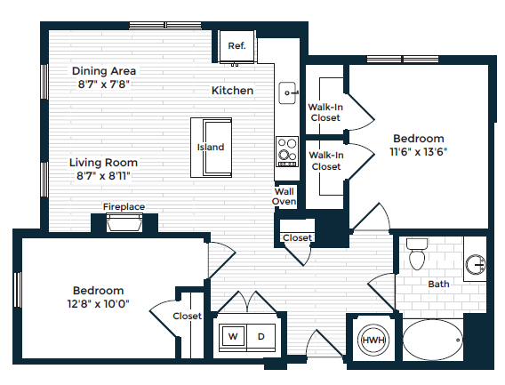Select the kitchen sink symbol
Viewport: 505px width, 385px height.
pos(288,90)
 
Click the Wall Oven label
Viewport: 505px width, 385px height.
pos(284,196)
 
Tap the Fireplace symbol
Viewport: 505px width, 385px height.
pos(124,223)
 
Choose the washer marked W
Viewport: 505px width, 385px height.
pos(234,337)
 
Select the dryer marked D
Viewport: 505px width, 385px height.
pos(261,337)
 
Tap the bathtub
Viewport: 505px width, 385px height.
pos(432,340)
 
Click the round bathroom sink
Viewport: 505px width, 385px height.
pos(477,264)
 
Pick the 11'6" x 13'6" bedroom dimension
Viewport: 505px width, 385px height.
pos(419,151)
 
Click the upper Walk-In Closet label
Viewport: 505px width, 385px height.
pos(325,111)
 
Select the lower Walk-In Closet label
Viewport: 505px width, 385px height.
pos(325,161)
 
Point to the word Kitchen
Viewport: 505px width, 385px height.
pos(232,91)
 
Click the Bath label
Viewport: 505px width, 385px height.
pos(438,285)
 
